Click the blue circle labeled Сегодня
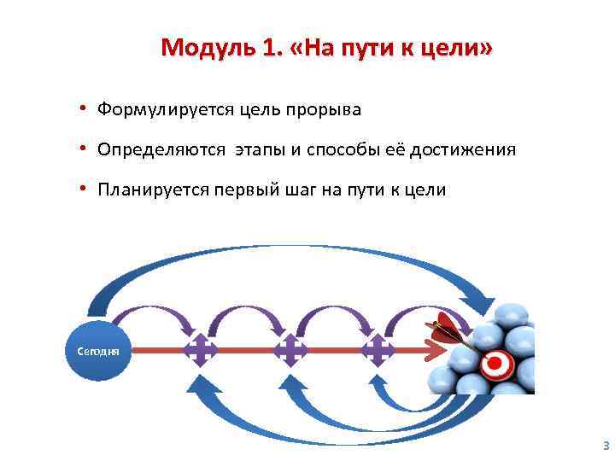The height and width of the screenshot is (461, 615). [98, 350]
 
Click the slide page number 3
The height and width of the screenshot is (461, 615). [606, 445]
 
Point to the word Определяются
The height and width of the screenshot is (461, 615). [161, 150]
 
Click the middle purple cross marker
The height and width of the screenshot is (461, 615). [290, 350]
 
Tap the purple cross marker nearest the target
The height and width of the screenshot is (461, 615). [377, 350]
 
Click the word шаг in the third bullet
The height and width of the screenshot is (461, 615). [298, 190]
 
